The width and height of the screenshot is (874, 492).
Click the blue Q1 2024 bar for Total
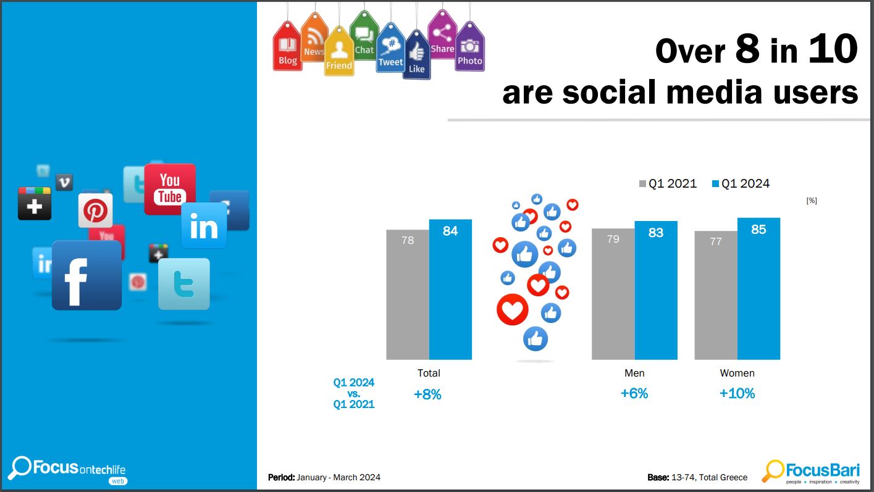[450, 290]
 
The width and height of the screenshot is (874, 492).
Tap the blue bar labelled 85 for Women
[758, 288]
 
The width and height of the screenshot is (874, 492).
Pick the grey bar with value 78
[408, 294]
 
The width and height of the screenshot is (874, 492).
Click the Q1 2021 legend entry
[668, 183]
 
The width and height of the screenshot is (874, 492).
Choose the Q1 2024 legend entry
[741, 183]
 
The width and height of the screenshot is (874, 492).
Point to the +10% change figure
[737, 394]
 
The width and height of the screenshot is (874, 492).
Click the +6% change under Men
[634, 394]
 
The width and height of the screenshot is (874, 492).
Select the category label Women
[737, 373]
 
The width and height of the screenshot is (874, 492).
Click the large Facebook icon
[86, 275]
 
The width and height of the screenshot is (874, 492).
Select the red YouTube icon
[170, 189]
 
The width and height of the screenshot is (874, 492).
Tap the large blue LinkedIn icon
[204, 226]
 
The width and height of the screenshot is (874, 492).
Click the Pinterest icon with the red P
[96, 211]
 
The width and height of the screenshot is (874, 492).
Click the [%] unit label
[812, 201]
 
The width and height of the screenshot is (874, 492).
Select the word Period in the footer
[281, 477]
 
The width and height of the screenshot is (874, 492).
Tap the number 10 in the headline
[833, 49]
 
